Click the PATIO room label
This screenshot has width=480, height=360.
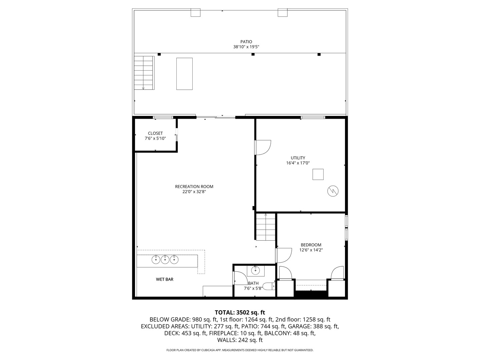pyautogui.click(x=246, y=42)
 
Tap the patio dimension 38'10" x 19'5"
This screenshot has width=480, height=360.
pyautogui.click(x=246, y=47)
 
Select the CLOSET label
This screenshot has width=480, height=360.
pyautogui.click(x=155, y=133)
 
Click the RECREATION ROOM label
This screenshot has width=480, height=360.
pyautogui.click(x=194, y=187)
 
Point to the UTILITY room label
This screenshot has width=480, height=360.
pyautogui.click(x=298, y=158)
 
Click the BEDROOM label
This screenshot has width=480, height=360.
pyautogui.click(x=311, y=245)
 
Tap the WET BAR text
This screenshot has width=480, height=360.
pyautogui.click(x=165, y=279)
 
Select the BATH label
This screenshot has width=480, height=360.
pyautogui.click(x=253, y=283)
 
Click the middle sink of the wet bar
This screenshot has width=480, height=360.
pyautogui.click(x=165, y=259)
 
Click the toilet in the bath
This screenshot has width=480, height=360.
pyautogui.click(x=269, y=286)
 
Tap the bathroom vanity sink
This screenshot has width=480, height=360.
pyautogui.click(x=256, y=270)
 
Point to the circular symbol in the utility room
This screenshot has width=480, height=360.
pyautogui.click(x=333, y=191)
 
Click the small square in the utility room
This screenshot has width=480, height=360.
pyautogui.click(x=318, y=174)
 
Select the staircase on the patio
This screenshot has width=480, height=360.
pyautogui.click(x=144, y=73)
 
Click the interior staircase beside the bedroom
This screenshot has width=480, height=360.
pyautogui.click(x=266, y=227)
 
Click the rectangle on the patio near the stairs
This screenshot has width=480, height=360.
pyautogui.click(x=184, y=74)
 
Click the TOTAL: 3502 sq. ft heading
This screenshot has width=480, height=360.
pyautogui.click(x=240, y=312)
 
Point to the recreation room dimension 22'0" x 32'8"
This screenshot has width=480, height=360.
pyautogui.click(x=194, y=192)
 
